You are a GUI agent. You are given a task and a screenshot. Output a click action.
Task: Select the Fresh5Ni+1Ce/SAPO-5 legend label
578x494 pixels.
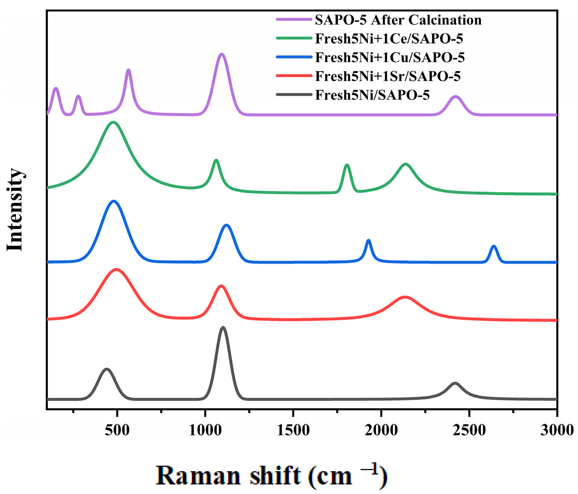coord(389,39)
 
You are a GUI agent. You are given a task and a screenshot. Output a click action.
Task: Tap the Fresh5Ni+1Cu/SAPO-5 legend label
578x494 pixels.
coord(390,57)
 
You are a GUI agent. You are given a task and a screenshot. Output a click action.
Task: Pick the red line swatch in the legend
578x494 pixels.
coord(294,75)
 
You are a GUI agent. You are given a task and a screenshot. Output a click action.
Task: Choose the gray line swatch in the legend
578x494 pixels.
coord(294,94)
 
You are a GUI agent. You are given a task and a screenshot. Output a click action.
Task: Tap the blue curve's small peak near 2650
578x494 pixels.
coord(494,246)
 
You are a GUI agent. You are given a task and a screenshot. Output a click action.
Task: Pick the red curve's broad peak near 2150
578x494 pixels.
coord(405,297)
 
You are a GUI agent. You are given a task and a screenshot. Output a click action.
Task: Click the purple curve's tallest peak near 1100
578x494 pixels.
coord(222,54)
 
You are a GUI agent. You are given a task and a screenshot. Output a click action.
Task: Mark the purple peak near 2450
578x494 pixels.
coord(456,97)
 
